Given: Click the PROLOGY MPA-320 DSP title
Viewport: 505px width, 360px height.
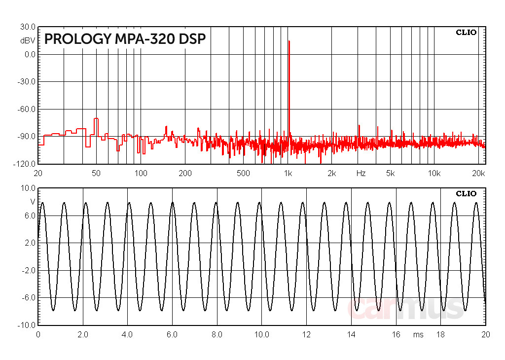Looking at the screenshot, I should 125,39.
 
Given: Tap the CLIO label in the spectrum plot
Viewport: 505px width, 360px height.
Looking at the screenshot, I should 466,33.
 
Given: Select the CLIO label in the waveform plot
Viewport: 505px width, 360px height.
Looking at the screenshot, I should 466,193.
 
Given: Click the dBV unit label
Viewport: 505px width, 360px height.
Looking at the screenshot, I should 28,41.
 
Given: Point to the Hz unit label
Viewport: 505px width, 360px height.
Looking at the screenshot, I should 361,173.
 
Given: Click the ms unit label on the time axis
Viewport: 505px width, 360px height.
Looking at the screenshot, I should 418,334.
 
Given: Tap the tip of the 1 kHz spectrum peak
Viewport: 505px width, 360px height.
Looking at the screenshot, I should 289,41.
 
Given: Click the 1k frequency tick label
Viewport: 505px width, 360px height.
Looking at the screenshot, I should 289,173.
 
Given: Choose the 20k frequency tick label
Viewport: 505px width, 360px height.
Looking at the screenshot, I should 479,173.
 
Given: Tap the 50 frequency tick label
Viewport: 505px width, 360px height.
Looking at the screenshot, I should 96,173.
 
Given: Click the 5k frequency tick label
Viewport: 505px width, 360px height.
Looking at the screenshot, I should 391,173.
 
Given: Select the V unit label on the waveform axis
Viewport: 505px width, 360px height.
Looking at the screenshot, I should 33,202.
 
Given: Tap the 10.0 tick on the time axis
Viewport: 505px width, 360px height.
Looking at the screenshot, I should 261,334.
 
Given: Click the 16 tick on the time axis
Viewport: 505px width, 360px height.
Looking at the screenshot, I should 396,334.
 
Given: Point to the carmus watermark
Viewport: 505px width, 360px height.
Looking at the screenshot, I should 405,308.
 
